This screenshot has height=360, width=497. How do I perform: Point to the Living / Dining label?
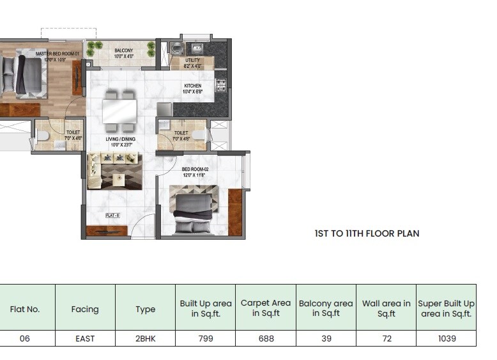(x=119, y=141)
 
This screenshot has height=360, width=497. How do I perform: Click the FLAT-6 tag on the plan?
(x=113, y=215)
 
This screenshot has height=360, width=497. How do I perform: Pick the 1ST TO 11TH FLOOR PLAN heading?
(x=367, y=233)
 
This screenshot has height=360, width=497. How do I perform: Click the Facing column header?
(x=85, y=309)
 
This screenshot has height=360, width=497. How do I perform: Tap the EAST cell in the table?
(x=85, y=338)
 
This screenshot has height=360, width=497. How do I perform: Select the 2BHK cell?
(x=145, y=338)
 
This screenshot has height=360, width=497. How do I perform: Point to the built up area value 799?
(x=206, y=338)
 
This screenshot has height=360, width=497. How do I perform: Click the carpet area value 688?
(x=265, y=338)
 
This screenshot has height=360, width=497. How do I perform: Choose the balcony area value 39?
(x=326, y=338)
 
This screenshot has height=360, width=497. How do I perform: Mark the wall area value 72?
(x=386, y=338)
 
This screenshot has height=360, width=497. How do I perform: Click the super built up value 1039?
(x=446, y=338)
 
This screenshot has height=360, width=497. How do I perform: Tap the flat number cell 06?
(x=25, y=338)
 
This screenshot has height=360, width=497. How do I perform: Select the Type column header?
(x=145, y=309)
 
